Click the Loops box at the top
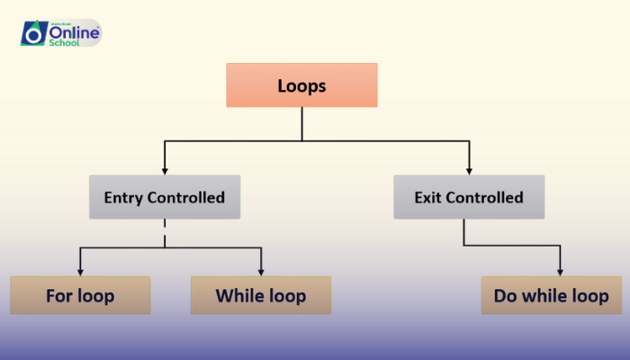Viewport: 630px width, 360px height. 301,85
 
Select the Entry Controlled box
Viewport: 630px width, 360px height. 164,197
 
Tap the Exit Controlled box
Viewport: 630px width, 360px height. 468,197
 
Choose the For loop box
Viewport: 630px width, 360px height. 80,295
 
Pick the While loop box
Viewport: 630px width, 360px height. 261,295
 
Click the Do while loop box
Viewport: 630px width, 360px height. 551,295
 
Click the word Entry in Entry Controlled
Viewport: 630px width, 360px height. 122,197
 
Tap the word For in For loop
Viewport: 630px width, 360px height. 59,295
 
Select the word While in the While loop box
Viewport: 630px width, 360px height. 239,295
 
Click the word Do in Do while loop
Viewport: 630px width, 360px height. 505,295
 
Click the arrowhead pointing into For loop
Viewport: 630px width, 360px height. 80,272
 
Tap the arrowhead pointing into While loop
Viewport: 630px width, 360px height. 261,272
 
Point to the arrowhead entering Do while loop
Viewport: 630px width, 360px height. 561,272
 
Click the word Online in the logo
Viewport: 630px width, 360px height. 72,30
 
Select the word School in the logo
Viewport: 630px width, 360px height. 66,42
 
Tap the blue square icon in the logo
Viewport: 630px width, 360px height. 33,33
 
